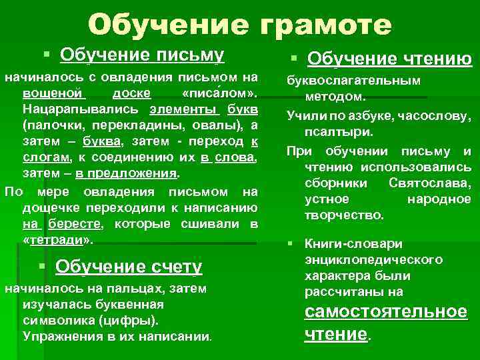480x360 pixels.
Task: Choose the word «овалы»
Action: click(x=204, y=124)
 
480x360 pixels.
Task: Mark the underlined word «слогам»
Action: click(x=46, y=157)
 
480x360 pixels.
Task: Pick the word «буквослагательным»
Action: click(x=353, y=81)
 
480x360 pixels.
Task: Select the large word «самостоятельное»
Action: click(x=385, y=312)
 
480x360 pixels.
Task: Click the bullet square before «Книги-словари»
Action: click(x=293, y=243)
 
